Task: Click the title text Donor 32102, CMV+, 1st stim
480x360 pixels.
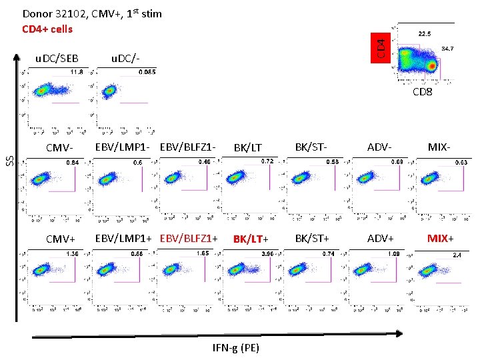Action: tap(92, 13)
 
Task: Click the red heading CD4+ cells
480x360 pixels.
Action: tap(47, 29)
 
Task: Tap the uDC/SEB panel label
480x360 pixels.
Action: tap(57, 59)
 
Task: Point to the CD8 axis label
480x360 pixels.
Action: tap(422, 92)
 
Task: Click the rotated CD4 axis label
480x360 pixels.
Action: tap(381, 47)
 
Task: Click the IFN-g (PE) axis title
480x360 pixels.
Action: tap(236, 347)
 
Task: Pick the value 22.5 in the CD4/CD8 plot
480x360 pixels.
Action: tap(424, 33)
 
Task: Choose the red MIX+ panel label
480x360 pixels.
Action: tap(441, 238)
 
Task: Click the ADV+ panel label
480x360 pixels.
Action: tap(379, 238)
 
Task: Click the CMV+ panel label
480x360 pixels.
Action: tap(61, 239)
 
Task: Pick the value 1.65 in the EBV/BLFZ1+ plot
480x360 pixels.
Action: tap(203, 253)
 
